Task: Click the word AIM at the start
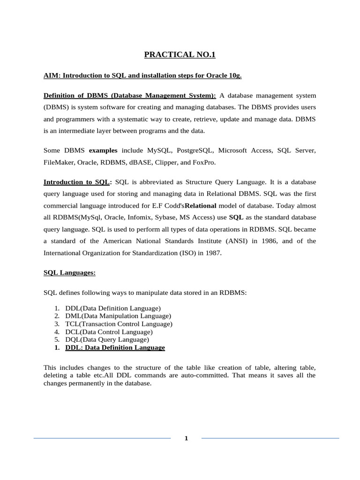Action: (x=50, y=75)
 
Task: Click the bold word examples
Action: (x=103, y=150)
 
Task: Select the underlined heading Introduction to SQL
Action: (x=77, y=182)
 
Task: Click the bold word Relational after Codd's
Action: (x=201, y=206)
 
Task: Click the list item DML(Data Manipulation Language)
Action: (x=118, y=316)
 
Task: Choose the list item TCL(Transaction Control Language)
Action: (x=119, y=324)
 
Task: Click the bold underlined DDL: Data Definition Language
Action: (x=115, y=347)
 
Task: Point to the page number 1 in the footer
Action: (x=186, y=439)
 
